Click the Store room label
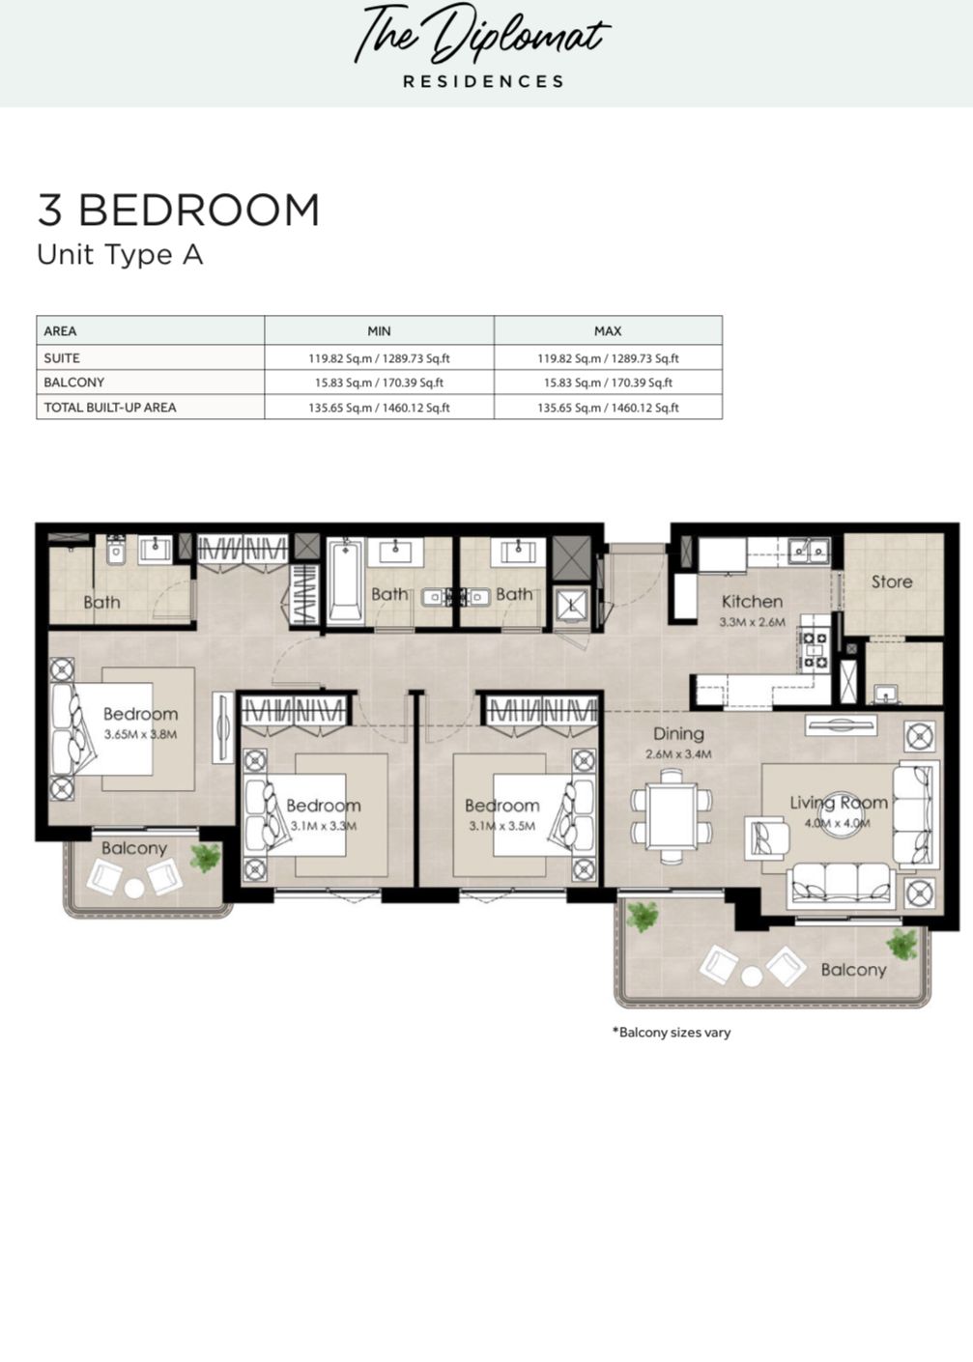(x=892, y=582)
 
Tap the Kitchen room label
(x=753, y=602)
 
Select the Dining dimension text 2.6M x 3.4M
(x=678, y=754)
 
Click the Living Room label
(x=839, y=803)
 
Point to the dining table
(x=672, y=816)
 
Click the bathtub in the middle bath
(x=345, y=581)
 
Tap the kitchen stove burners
(x=815, y=649)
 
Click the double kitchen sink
(x=809, y=552)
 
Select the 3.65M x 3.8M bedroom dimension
(x=140, y=734)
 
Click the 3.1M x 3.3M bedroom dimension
(x=324, y=826)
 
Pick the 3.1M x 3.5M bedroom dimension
(x=502, y=826)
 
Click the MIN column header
(x=379, y=331)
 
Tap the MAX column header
(x=608, y=331)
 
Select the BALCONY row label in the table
(x=74, y=383)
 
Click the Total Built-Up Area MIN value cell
(x=379, y=408)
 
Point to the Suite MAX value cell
(x=608, y=358)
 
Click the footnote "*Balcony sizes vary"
(x=672, y=1033)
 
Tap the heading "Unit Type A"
(x=120, y=255)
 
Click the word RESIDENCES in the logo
(x=484, y=81)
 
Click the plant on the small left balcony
(x=206, y=858)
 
